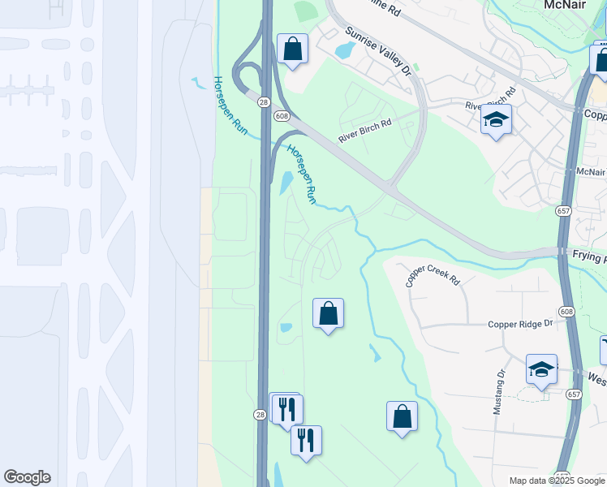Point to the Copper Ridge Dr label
pos(520,324)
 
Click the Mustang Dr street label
pos(500,392)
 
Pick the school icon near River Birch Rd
pos(496,120)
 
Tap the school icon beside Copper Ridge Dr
pos(541,369)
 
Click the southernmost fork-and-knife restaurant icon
pos(306,441)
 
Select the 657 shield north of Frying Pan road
pos(562,210)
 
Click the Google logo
pos(27,477)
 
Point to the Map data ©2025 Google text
pos(556,481)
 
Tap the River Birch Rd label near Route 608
pos(364,131)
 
